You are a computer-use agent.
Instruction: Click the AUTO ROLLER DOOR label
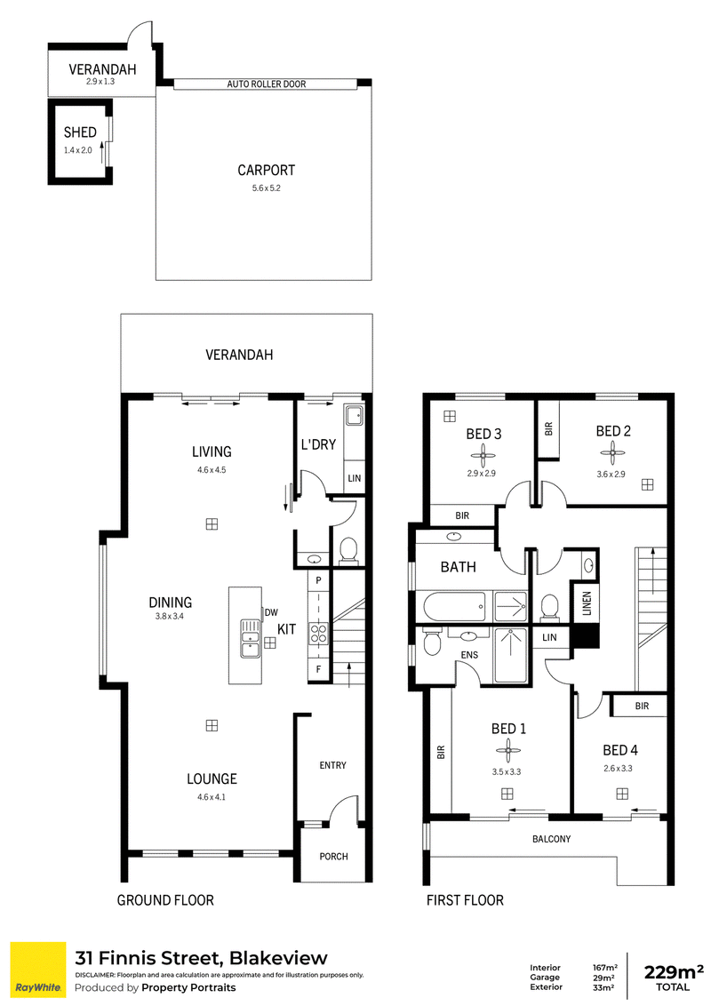tap(267, 84)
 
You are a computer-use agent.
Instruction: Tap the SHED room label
tap(80, 132)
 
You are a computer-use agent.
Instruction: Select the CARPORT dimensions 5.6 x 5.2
tap(267, 188)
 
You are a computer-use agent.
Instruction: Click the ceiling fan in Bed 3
tap(483, 456)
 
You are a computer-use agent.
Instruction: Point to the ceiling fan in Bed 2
tap(613, 456)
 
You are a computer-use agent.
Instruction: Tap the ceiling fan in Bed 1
tap(508, 750)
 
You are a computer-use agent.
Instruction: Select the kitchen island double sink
tap(250, 638)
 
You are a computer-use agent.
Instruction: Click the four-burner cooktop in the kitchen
tap(319, 634)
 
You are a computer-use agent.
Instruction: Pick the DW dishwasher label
tap(271, 612)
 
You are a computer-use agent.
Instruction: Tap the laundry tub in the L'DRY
tap(354, 416)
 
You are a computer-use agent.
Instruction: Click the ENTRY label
tap(333, 765)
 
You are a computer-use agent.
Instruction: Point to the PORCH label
tap(333, 857)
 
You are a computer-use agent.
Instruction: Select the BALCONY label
tap(551, 839)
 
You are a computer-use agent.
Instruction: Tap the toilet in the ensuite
tap(432, 642)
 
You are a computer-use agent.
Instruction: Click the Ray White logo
tap(38, 970)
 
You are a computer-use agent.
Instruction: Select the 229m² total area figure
tap(673, 972)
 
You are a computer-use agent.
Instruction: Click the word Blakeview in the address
tap(278, 959)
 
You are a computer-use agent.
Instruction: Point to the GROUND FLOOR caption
tap(165, 900)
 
